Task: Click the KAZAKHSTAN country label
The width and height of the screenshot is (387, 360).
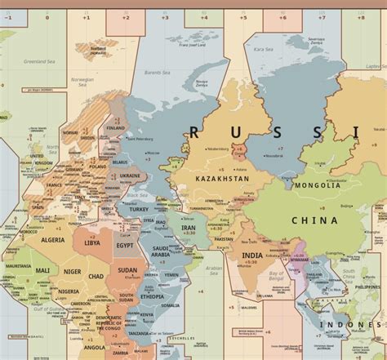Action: [222, 178]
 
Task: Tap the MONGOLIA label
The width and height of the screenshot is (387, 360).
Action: [318, 185]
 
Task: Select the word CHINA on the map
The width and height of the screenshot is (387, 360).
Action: [314, 220]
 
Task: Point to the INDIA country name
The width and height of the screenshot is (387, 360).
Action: [252, 255]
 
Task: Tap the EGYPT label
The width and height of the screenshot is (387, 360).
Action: [125, 245]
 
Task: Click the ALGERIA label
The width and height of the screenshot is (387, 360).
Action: [53, 240]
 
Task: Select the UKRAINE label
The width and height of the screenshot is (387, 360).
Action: [131, 176]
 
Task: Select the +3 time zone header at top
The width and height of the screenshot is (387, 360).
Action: [165, 16]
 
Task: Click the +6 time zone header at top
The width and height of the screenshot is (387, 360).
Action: [282, 16]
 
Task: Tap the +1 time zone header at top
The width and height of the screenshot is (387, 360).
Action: [87, 16]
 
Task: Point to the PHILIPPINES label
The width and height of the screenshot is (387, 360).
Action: [367, 287]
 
